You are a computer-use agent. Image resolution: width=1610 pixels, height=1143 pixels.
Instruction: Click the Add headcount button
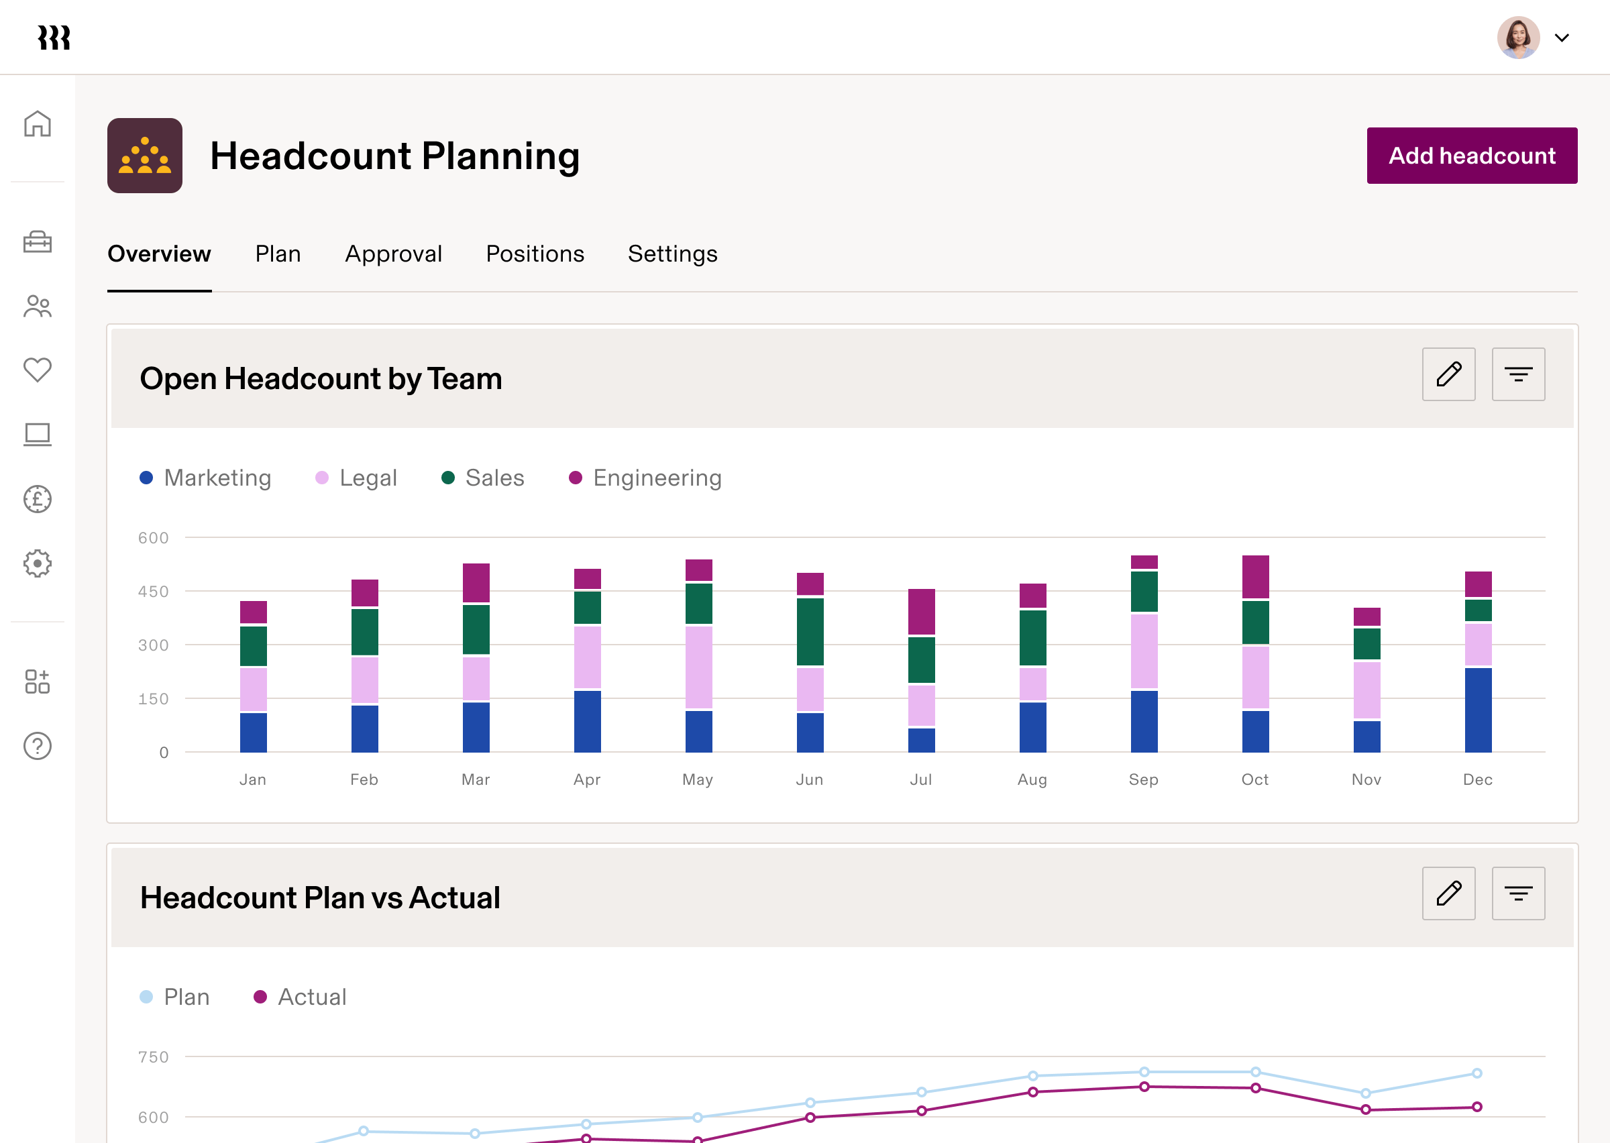1471,156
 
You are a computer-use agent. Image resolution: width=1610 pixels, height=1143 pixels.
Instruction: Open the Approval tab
393,254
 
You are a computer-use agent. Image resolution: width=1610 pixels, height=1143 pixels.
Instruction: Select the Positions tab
535,254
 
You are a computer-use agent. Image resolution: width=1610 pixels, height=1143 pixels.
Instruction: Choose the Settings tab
672,254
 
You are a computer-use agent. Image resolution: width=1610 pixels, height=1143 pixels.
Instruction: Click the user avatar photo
1518,38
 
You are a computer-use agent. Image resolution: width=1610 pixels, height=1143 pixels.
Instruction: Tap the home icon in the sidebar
38,124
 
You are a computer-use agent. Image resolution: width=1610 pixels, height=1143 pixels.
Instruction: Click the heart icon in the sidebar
38,370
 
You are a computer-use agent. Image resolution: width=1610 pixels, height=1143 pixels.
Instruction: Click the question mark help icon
38,746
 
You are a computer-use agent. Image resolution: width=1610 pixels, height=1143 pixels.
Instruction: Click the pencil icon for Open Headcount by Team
1448,374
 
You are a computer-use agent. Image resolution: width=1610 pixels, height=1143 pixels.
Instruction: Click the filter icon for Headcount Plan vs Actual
1518,894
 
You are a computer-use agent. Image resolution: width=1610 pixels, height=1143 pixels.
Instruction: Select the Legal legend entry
356,478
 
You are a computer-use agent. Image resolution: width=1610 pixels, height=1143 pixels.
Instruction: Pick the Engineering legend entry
645,478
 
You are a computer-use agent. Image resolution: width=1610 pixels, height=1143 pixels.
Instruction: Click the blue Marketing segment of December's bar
1478,710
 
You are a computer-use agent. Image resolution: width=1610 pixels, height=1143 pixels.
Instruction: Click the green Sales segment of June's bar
810,631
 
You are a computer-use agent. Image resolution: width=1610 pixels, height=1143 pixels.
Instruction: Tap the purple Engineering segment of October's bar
1255,576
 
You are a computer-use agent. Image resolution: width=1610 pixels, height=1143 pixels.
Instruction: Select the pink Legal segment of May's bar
699,667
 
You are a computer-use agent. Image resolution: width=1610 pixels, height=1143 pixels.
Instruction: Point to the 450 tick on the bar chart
154,592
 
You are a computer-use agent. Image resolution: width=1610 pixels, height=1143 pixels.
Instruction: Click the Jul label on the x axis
920,780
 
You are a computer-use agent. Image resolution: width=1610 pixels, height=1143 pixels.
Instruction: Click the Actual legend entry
301,997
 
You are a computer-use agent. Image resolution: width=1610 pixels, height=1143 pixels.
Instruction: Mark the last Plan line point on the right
1477,1073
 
